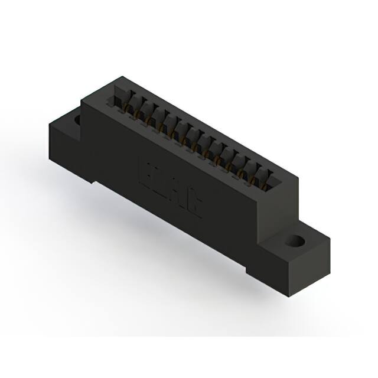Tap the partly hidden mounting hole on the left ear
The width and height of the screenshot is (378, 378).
coord(76,120)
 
